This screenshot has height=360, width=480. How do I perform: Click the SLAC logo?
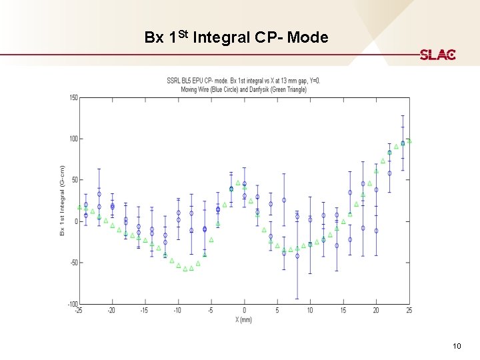tap(437, 55)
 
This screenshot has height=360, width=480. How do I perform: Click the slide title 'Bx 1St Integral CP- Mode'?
tap(236, 37)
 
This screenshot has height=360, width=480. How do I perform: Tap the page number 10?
tap(457, 345)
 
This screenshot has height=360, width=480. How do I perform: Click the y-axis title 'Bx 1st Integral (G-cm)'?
tap(62, 201)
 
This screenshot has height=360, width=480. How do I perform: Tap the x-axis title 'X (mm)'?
tap(244, 319)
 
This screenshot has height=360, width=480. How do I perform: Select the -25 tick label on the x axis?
tap(79, 311)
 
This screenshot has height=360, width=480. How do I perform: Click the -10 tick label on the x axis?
tap(177, 311)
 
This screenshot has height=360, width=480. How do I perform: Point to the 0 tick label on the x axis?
tap(244, 311)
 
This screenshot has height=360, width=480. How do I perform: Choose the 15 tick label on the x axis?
tap(343, 311)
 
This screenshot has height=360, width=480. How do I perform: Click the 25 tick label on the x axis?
tap(409, 311)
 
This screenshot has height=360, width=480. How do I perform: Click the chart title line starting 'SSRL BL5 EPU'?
tap(243, 81)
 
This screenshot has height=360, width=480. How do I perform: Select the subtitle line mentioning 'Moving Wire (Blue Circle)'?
tap(243, 89)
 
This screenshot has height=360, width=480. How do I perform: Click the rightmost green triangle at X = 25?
tap(409, 141)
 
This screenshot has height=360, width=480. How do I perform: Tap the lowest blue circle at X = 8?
tap(297, 256)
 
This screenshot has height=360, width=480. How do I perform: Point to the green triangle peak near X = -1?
tap(238, 183)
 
